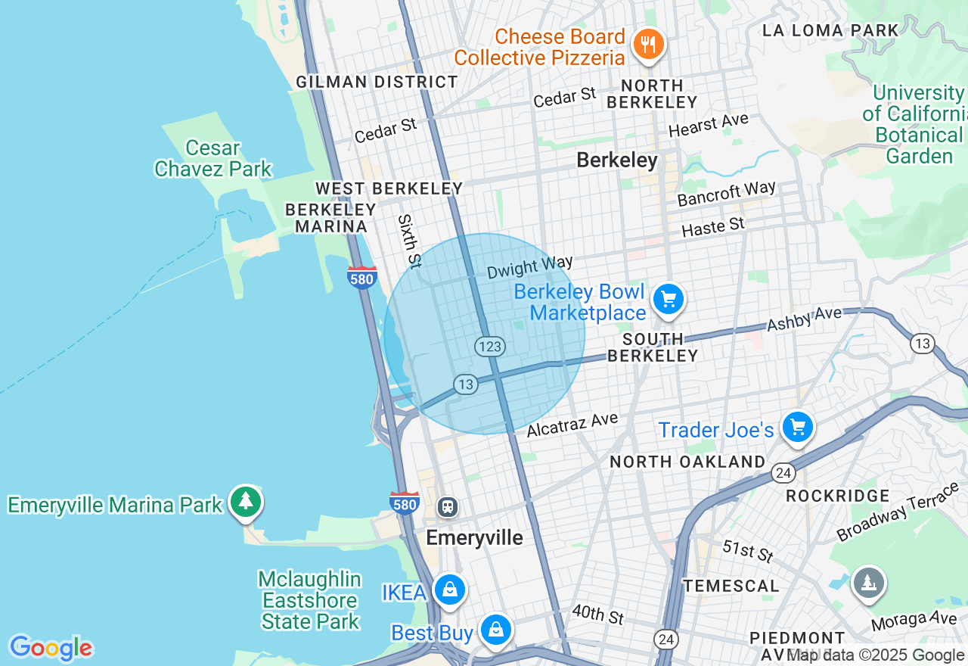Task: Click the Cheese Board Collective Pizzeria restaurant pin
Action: [647, 45]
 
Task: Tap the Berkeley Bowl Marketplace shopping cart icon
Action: [668, 300]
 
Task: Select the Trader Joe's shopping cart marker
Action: [797, 428]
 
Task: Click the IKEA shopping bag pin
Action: [450, 589]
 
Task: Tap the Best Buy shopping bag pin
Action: [495, 630]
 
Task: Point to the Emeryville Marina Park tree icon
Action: [245, 501]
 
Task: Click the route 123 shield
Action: [490, 347]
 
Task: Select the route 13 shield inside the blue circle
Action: [466, 384]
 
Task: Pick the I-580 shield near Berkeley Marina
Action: [362, 278]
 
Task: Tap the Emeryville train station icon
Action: [448, 506]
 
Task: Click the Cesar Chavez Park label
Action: [213, 158]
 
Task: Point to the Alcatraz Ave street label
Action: [572, 425]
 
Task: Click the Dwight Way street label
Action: [529, 267]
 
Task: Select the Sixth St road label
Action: [408, 241]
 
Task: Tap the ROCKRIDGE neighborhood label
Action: [837, 496]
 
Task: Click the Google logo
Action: [51, 648]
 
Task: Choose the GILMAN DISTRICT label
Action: [377, 82]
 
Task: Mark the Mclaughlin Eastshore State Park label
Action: [309, 600]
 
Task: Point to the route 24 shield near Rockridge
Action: [783, 473]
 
